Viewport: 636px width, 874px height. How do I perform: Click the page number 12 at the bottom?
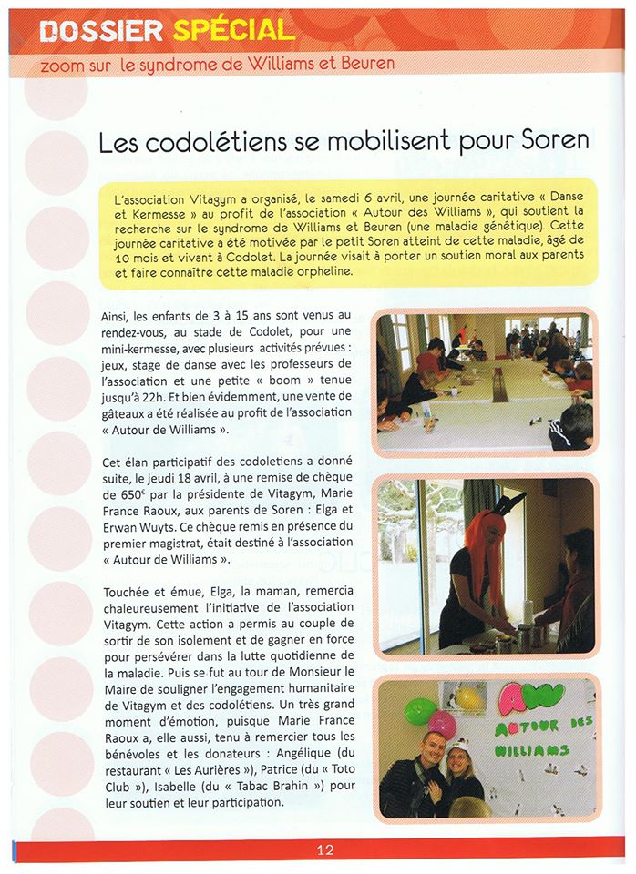coord(325,850)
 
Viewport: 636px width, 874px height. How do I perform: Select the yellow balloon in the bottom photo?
coord(467,698)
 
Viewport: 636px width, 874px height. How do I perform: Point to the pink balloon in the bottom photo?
coord(442,725)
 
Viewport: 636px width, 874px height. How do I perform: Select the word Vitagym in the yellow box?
coord(190,196)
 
